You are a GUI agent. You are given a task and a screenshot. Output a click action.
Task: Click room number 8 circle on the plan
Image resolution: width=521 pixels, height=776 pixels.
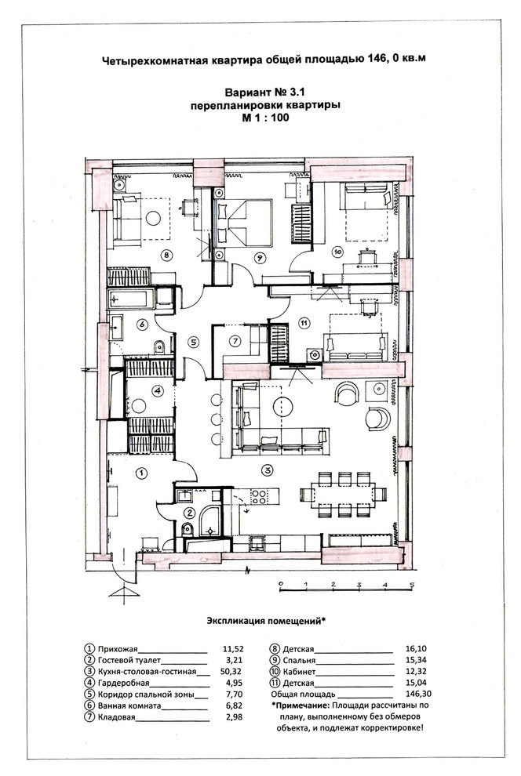pos(166,256)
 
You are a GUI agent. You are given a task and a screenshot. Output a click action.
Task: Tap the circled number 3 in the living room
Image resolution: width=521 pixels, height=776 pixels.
pos(268,470)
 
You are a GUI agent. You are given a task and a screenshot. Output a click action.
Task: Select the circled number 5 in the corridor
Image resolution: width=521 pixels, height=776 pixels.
pos(194,342)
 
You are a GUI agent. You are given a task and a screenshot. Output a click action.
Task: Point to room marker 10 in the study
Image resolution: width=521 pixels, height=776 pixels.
pos(337,252)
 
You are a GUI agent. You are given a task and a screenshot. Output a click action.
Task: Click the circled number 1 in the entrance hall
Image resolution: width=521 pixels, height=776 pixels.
pos(142,473)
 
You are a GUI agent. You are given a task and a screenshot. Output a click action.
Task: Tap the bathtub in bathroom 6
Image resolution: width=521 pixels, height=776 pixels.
pos(129,299)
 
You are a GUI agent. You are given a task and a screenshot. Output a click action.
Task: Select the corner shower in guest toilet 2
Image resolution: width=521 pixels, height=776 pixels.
pos(210,521)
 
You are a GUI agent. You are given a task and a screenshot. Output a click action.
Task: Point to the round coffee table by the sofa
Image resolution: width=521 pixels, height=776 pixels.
pos(282,406)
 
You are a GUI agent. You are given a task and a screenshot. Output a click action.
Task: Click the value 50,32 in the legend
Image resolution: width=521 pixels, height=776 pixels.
pos(231,672)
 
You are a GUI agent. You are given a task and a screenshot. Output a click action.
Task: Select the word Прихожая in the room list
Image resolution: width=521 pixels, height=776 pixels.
pos(118,649)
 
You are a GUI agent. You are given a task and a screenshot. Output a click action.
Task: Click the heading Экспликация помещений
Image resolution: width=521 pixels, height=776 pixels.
pos(266,621)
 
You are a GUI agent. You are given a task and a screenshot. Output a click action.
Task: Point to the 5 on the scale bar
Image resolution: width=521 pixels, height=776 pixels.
pos(412,585)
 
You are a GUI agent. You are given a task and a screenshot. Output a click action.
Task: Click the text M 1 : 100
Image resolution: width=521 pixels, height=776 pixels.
pos(265,118)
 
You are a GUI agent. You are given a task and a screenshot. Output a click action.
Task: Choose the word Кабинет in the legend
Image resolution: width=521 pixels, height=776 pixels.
pos(299,672)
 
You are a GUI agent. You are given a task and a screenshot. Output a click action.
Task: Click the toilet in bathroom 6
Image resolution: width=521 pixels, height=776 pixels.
pos(159,346)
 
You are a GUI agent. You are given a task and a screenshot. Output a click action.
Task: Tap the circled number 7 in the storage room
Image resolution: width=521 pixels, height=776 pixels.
pos(235,341)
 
